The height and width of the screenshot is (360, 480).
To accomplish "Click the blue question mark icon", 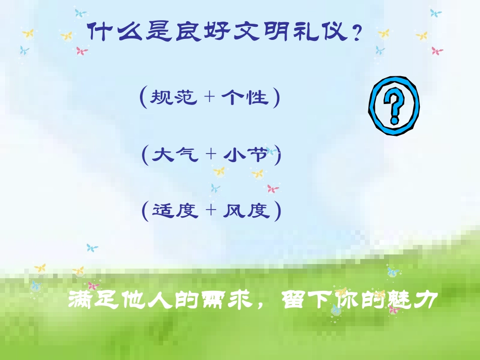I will (394, 106).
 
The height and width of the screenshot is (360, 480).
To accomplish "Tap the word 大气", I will (175, 155).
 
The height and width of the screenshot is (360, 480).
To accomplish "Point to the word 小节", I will (246, 155).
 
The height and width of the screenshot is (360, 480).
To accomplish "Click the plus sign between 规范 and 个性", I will (209, 97).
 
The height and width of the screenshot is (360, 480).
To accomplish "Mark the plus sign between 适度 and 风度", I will (210, 211).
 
